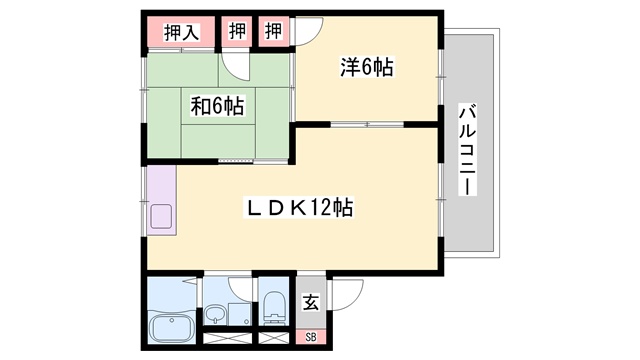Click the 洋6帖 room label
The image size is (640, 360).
coord(367,67)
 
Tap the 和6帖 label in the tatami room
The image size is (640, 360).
coord(217,106)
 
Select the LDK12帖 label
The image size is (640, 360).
coord(299,207)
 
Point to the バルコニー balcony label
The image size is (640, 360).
coord(468,150)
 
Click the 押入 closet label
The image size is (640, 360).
coord(182,32)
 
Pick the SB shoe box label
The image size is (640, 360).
coord(311,337)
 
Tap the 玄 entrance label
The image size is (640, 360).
coord(311,302)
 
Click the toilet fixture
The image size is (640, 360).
coord(274,307)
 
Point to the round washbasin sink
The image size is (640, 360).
coord(215,314)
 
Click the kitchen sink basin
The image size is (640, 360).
coord(161,216)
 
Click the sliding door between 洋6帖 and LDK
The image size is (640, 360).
coord(367,124)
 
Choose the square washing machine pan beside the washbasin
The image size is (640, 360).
coord(239,314)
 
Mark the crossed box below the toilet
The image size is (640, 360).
coord(274,338)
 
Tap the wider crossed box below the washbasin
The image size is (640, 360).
coord(227,338)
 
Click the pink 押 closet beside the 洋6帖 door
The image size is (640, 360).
coord(274,31)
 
